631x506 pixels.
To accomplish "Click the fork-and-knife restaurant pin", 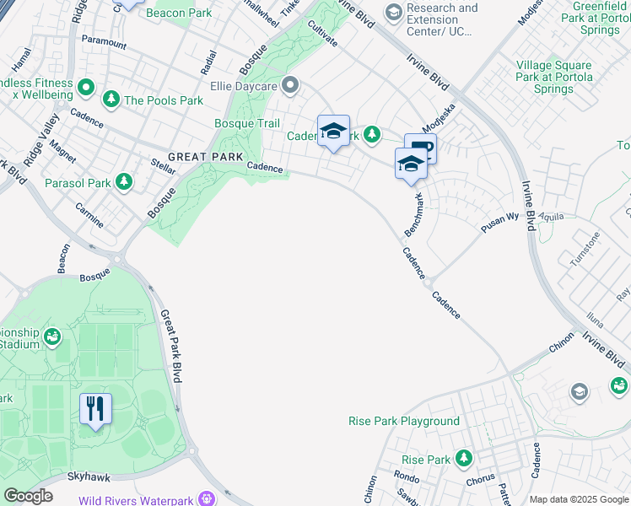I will pyautogui.click(x=95, y=410).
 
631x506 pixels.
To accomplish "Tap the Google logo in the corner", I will pyautogui.click(x=28, y=496).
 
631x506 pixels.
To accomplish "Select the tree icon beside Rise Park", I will pyautogui.click(x=463, y=459).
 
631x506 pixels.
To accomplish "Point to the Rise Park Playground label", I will pyautogui.click(x=404, y=421).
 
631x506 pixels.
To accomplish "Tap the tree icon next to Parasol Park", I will pyautogui.click(x=124, y=181).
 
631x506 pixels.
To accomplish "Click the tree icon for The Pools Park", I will pyautogui.click(x=111, y=100).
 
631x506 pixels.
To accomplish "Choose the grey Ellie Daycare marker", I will pyautogui.click(x=291, y=85).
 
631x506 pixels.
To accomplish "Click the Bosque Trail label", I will pyautogui.click(x=247, y=124).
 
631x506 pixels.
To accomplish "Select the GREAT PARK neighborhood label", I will pyautogui.click(x=205, y=157).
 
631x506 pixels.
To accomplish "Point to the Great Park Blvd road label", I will pyautogui.click(x=170, y=345).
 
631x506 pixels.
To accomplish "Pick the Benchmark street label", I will pyautogui.click(x=414, y=214).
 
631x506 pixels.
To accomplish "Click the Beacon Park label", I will pyautogui.click(x=179, y=13).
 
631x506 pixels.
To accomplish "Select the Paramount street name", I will pyautogui.click(x=104, y=40).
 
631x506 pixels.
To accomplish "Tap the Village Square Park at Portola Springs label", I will pyautogui.click(x=554, y=77).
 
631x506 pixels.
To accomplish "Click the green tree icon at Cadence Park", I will pyautogui.click(x=371, y=134).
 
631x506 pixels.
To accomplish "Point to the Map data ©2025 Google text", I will pyautogui.click(x=578, y=499).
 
